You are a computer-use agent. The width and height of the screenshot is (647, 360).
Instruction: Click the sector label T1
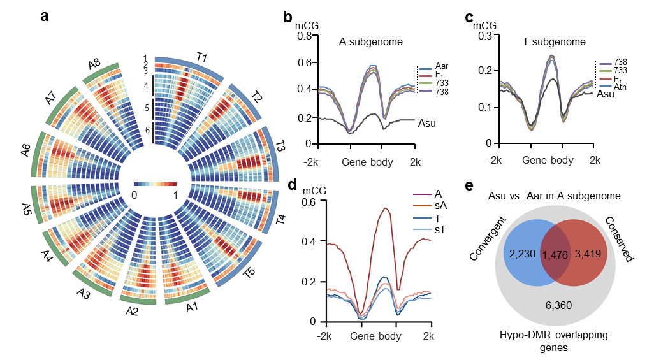click(202, 58)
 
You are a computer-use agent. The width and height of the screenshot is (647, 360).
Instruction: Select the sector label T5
click(249, 273)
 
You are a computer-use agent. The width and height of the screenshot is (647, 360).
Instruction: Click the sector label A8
click(94, 64)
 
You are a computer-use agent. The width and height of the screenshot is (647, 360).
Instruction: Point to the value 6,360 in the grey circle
click(558, 305)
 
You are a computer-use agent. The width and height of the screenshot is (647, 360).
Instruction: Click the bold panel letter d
click(293, 185)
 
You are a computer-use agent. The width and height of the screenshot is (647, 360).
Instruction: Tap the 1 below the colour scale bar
click(175, 195)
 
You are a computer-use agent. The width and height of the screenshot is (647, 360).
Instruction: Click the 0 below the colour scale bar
click(134, 195)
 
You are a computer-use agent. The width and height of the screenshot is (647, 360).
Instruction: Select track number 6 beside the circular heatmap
click(147, 130)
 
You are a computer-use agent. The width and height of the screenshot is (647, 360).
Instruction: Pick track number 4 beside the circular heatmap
click(146, 86)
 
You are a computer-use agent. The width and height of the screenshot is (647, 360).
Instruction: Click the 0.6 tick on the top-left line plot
click(304, 63)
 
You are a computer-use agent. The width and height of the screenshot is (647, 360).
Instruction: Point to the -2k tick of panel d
click(325, 336)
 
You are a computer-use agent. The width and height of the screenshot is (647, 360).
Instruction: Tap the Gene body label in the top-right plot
click(548, 161)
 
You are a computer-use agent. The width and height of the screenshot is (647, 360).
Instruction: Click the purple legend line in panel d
click(423, 194)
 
